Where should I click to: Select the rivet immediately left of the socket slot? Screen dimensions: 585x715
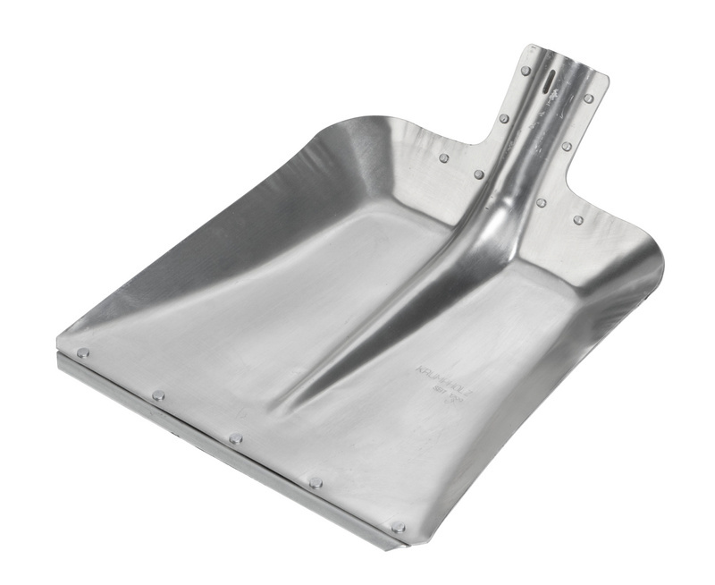point(526,71)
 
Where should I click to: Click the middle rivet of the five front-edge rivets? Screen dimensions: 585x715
point(236,438)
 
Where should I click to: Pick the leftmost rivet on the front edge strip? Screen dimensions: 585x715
point(82,352)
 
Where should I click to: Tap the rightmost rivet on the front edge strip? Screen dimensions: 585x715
point(398,527)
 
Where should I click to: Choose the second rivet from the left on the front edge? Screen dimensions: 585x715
point(158,394)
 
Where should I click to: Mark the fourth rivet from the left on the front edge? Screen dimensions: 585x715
point(315,482)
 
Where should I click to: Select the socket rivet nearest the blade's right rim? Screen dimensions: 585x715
point(578,219)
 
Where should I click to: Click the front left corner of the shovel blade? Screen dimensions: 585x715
point(61,344)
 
